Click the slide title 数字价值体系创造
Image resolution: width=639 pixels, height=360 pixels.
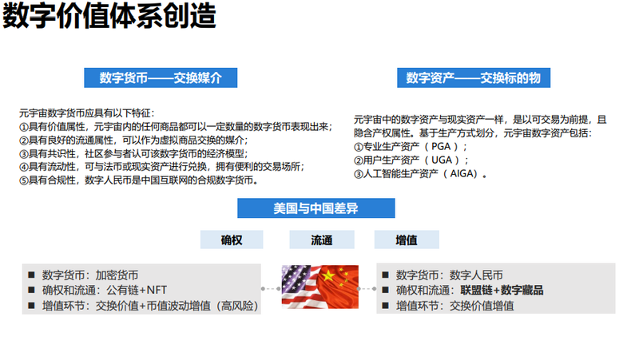pyautogui.click(x=109, y=16)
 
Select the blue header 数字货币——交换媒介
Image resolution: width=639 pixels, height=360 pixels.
pyautogui.click(x=161, y=77)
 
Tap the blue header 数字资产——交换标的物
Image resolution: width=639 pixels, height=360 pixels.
pyautogui.click(x=474, y=77)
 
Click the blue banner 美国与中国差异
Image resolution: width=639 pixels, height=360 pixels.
pyautogui.click(x=316, y=208)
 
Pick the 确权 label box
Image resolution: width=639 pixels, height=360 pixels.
pyautogui.click(x=232, y=239)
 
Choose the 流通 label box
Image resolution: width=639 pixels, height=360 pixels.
pyautogui.click(x=322, y=239)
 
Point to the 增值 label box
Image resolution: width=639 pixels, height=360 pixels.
pyautogui.click(x=407, y=239)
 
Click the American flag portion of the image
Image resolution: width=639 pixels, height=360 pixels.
pyautogui.click(x=300, y=287)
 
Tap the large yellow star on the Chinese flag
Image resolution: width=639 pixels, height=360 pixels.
pyautogui.click(x=328, y=276)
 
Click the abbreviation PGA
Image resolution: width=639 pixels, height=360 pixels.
pyautogui.click(x=441, y=147)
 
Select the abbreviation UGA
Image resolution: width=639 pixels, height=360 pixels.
pyautogui.click(x=442, y=160)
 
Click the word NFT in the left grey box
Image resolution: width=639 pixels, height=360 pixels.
pyautogui.click(x=157, y=290)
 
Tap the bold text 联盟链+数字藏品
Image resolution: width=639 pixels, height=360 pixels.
pyautogui.click(x=502, y=291)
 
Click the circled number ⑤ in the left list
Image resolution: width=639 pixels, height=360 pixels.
pyautogui.click(x=24, y=180)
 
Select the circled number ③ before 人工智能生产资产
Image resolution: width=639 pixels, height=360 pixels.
pyautogui.click(x=358, y=174)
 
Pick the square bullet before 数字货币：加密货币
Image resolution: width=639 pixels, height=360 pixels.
pyautogui.click(x=31, y=275)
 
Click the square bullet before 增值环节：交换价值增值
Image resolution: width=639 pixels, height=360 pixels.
pyautogui.click(x=385, y=306)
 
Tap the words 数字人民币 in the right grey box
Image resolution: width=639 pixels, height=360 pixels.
pyautogui.click(x=476, y=275)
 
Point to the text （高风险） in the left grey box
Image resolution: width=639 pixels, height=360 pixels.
pyautogui.click(x=236, y=306)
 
